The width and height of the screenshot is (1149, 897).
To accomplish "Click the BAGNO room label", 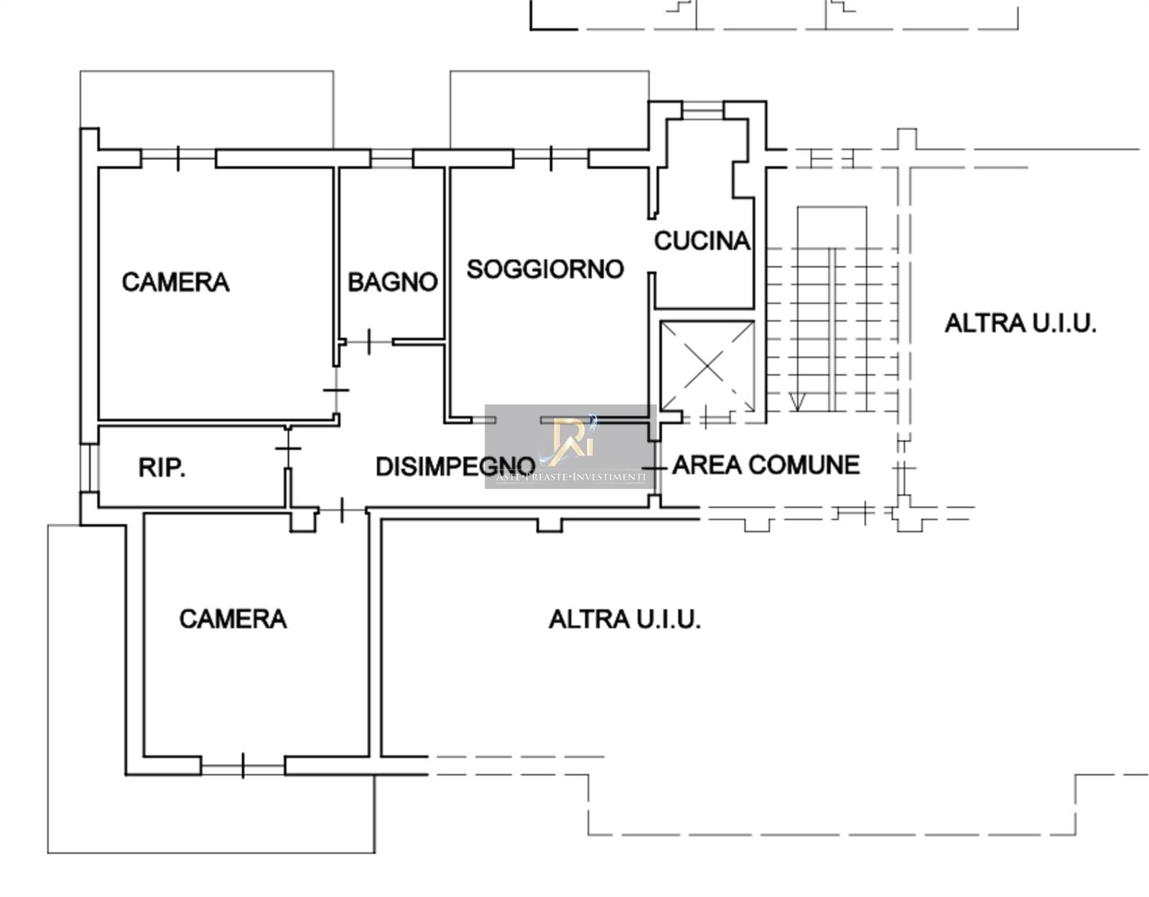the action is pos(392,282).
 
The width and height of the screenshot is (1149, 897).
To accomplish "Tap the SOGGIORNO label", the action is pos(545,269).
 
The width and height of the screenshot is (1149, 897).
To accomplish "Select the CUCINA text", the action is pos(702,241).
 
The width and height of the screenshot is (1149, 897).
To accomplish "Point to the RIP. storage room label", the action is pos(162,468).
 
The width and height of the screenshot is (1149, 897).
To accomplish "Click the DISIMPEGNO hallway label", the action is pos(455,466).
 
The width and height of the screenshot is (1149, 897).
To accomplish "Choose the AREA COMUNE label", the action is pos(766,465).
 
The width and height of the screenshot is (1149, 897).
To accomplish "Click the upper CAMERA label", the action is pos(175,282).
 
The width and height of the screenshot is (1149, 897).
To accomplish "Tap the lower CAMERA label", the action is pos(233,619).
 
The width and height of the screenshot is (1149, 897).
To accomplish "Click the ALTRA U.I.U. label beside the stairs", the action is pos(1020,323).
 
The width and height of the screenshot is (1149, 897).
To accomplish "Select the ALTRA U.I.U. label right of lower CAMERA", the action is pos(625,620).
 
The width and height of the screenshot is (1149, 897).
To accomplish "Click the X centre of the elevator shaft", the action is pos(707,366).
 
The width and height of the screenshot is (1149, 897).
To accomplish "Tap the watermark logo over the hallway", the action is pos(570,446).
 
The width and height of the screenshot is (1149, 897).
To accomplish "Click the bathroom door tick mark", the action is pos(368,342).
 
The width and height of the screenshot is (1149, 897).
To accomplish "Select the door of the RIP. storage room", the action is pos(288,448).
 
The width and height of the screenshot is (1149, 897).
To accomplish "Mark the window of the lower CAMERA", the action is pos(243,766).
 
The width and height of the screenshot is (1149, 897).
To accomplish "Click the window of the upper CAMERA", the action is pos(178,159).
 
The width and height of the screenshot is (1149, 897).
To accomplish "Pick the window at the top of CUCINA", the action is pos(702,110).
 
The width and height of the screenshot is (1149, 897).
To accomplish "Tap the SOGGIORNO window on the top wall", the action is pos(551,159).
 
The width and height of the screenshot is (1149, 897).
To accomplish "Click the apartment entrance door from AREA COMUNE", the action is pos(655,468).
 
